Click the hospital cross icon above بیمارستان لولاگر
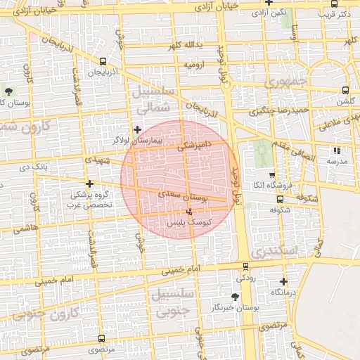[137, 129]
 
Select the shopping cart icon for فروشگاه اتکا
[272, 174]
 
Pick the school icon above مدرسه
[337, 150]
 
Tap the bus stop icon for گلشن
[345, 90]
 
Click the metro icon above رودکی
[245, 266]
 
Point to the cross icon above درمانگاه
[283, 281]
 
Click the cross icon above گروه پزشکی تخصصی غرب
[89, 184]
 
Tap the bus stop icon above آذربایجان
[103, 61]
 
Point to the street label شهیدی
[98, 160]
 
